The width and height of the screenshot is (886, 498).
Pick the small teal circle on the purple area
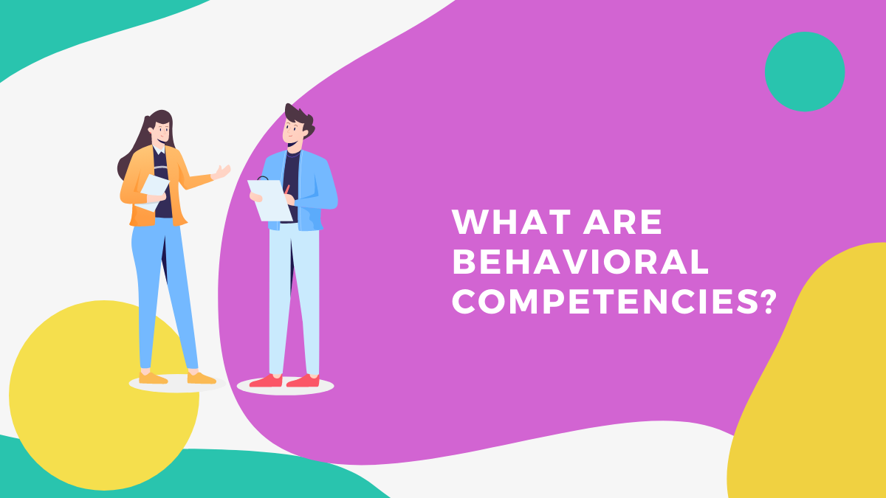pos(804,72)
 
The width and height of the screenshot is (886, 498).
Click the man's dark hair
pos(299,118)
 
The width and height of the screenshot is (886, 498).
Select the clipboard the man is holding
pos(269,199)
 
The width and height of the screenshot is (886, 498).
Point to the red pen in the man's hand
pos(286,190)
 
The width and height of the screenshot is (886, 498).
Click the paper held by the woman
pos(155,189)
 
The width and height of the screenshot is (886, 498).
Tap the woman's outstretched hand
pos(221,173)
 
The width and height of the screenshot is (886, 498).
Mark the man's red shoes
pos(284,381)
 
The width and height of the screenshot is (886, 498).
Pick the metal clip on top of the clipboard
pos(263,179)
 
